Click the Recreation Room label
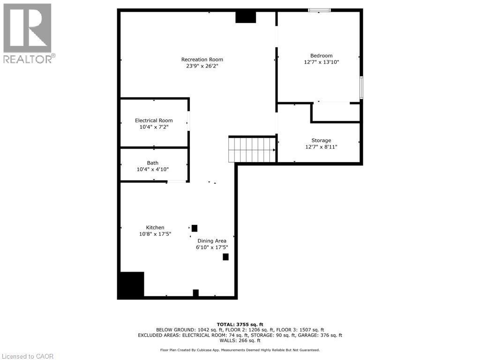pyautogui.click(x=202, y=60)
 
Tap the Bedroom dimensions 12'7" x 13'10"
pyautogui.click(x=321, y=62)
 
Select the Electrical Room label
pyautogui.click(x=154, y=120)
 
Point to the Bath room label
pyautogui.click(x=152, y=163)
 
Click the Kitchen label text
pyautogui.click(x=155, y=227)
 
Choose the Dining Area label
pyautogui.click(x=211, y=241)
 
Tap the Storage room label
pyautogui.click(x=321, y=140)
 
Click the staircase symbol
pyautogui.click(x=252, y=149)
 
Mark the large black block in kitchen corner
pyautogui.click(x=131, y=285)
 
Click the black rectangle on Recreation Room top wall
pyautogui.click(x=246, y=17)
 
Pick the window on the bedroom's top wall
pyautogui.click(x=319, y=10)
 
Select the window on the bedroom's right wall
pyautogui.click(x=361, y=88)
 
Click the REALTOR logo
pyautogui.click(x=28, y=33)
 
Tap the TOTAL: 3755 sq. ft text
pyautogui.click(x=240, y=324)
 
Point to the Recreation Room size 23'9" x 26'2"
pyautogui.click(x=202, y=66)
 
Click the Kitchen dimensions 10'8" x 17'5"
pyautogui.click(x=155, y=234)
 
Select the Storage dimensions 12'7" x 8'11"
pyautogui.click(x=321, y=147)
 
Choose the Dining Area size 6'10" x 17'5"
pyautogui.click(x=211, y=247)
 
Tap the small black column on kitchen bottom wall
pyautogui.click(x=195, y=293)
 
